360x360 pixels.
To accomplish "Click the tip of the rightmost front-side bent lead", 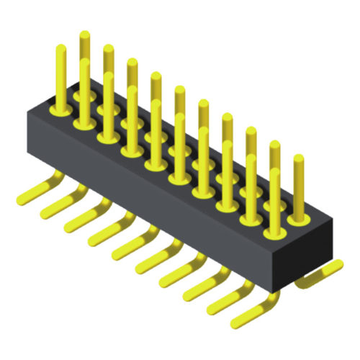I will coord(234,318).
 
